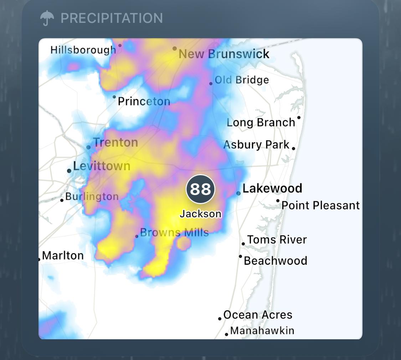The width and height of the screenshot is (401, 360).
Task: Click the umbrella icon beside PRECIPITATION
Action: tap(47, 18)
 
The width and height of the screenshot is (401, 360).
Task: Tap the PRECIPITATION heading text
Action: tap(112, 18)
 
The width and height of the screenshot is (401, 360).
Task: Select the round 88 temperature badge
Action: tap(200, 189)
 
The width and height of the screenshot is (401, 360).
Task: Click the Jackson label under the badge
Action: tap(200, 214)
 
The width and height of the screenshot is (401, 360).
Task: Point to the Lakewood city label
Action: tap(272, 188)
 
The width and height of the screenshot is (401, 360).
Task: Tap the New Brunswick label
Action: tap(224, 54)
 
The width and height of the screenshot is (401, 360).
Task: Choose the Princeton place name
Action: tap(144, 101)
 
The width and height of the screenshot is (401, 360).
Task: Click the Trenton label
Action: tap(116, 142)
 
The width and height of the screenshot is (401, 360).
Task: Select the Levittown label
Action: tap(102, 166)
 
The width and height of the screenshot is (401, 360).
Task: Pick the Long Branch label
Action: tap(261, 122)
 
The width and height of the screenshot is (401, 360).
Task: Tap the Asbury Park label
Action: tap(256, 145)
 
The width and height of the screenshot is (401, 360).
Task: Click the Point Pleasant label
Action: tap(320, 206)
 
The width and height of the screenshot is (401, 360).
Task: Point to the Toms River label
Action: tap(277, 239)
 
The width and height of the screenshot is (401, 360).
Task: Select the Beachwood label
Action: tap(276, 260)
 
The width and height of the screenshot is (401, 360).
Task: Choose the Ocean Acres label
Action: tap(258, 315)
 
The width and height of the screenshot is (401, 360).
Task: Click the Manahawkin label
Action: tap(262, 331)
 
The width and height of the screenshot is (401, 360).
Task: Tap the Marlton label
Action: tap(63, 255)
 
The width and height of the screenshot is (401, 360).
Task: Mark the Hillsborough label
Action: tap(83, 50)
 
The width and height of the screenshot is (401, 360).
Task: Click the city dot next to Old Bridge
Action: tap(211, 83)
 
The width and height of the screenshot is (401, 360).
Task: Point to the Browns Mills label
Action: tap(174, 233)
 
